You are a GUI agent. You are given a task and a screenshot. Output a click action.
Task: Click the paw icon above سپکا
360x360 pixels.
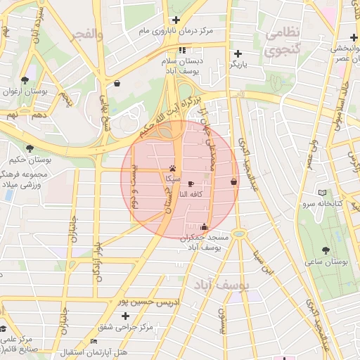point(173,168)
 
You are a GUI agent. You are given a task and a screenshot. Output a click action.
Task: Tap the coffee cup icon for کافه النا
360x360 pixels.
point(191,182)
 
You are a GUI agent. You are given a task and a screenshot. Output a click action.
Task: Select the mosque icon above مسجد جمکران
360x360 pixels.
point(204,226)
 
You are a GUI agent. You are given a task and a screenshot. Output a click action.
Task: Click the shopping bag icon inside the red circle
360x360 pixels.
point(233,181)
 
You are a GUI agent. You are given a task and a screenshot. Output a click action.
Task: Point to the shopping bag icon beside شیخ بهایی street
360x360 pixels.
point(116,83)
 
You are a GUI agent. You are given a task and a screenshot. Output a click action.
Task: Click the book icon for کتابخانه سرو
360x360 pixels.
point(322,192)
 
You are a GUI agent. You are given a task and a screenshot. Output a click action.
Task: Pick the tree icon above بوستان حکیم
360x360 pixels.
point(29,148)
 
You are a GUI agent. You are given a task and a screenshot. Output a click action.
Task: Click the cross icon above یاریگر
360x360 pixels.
point(238,53)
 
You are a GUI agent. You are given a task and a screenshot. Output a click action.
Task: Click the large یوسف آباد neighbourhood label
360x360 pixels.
point(219,285)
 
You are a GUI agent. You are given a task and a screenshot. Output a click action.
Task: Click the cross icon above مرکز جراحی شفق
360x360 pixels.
point(126,316)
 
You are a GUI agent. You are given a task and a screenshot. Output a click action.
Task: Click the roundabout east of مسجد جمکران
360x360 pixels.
point(239,233)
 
